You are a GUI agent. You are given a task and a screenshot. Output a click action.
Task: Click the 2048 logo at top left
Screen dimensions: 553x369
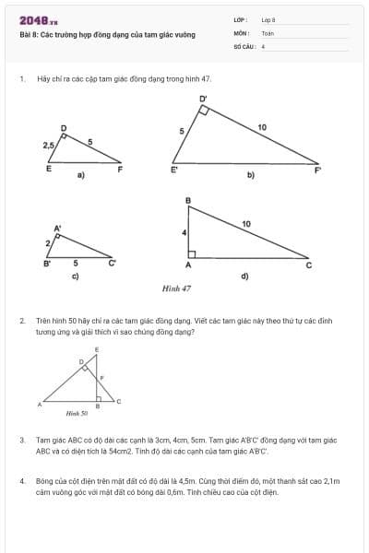pos(38,19)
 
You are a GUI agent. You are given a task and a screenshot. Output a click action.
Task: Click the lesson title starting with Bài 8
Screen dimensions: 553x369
pos(107,34)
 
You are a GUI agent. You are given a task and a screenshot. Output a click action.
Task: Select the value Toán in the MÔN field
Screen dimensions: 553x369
pos(268,32)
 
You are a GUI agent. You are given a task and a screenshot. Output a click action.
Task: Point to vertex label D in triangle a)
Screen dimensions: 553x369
pos(64,127)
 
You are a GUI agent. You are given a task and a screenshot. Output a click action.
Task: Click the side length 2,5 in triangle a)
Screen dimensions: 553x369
pos(48,145)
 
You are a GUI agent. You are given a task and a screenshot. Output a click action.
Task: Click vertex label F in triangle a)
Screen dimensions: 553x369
pos(120,168)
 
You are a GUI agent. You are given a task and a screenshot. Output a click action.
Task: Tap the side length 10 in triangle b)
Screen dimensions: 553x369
pos(262,126)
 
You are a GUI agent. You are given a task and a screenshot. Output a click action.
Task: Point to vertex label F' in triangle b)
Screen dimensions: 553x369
pos(318,171)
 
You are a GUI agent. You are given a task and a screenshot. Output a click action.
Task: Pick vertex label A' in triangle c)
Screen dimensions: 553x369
pos(57,227)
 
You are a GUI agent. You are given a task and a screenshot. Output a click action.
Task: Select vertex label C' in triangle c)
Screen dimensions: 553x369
pos(113,264)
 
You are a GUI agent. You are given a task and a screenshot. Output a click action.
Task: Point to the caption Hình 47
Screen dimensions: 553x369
pos(176,288)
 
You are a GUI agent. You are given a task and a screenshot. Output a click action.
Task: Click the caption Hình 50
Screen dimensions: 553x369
pos(77,414)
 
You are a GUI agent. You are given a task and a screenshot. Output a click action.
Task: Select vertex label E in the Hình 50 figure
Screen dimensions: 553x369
pos(97,351)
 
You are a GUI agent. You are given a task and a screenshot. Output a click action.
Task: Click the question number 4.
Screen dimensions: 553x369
pos(21,480)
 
